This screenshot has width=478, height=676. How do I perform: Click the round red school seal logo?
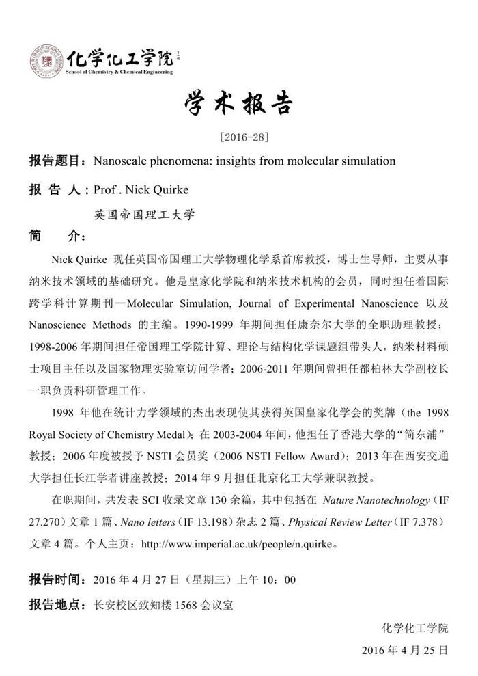click(x=46, y=59)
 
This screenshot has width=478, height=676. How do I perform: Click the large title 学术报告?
click(x=239, y=105)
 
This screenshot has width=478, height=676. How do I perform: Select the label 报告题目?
click(x=55, y=161)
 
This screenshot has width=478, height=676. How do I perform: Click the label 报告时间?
click(x=55, y=580)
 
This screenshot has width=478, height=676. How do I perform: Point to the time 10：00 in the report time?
click(x=281, y=580)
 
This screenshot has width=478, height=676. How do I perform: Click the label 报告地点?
click(x=55, y=605)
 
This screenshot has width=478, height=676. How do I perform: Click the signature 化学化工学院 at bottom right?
click(x=415, y=627)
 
